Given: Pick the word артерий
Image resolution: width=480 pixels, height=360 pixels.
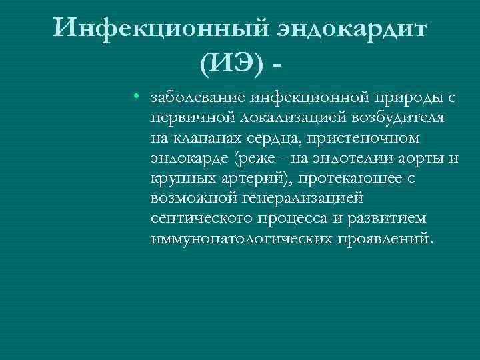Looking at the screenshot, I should coord(262,179).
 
